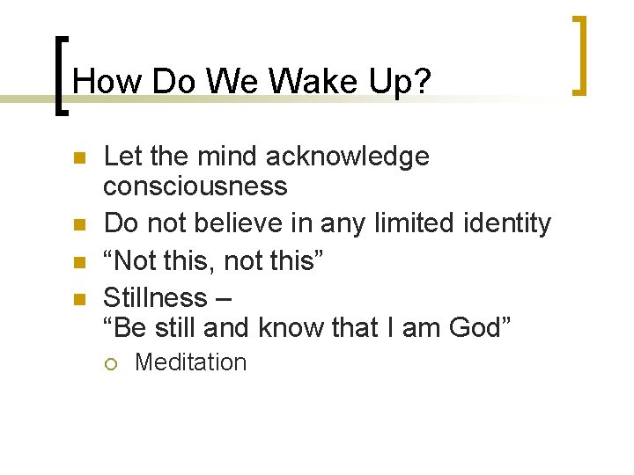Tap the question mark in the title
coord(423,82)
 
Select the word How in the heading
coord(107,82)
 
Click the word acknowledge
coord(348,157)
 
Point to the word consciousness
coord(195,186)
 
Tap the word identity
coord(504,224)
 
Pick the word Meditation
coord(191,362)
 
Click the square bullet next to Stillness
coord(77,299)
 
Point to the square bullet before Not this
coord(77,262)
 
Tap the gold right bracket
coord(579,55)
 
